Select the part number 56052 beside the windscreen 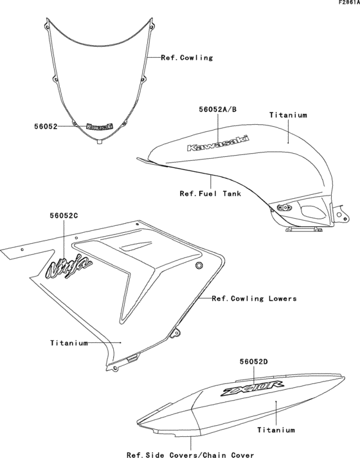tap(46, 127)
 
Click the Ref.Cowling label tap(187, 57)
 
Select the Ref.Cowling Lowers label tap(254, 298)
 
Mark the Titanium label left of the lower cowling tap(69, 343)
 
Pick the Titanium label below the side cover tap(276, 429)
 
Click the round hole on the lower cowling tap(199, 266)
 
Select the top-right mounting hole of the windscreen tap(150, 27)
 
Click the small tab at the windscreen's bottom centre tap(98, 144)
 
